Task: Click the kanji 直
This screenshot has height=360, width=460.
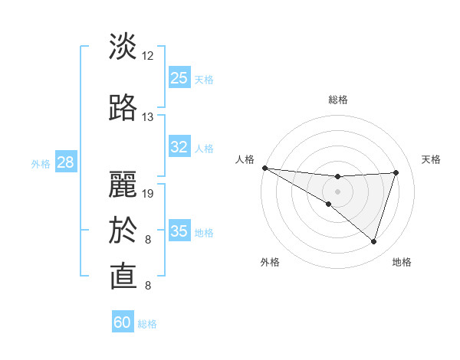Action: click(x=123, y=276)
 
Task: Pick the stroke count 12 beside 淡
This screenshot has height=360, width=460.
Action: click(x=148, y=56)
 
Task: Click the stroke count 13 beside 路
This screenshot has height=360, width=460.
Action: click(x=148, y=117)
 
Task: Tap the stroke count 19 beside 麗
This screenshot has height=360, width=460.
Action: click(x=149, y=193)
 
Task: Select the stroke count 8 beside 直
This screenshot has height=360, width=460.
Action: click(x=147, y=286)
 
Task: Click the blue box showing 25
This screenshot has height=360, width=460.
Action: click(x=179, y=78)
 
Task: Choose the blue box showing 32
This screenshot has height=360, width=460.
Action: click(x=179, y=148)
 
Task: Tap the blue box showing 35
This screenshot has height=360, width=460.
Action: click(x=179, y=231)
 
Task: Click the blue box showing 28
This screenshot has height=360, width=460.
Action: click(x=65, y=162)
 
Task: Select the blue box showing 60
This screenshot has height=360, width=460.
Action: click(x=123, y=322)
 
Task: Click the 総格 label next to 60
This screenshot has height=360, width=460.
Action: click(x=147, y=324)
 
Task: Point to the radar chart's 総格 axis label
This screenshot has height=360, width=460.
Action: click(x=337, y=100)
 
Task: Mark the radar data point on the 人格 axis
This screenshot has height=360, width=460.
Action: click(x=264, y=168)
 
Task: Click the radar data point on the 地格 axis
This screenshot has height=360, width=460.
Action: click(x=374, y=242)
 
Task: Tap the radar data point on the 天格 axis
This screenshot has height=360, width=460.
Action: click(x=396, y=172)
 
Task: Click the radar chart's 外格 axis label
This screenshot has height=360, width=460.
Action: click(x=270, y=262)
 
